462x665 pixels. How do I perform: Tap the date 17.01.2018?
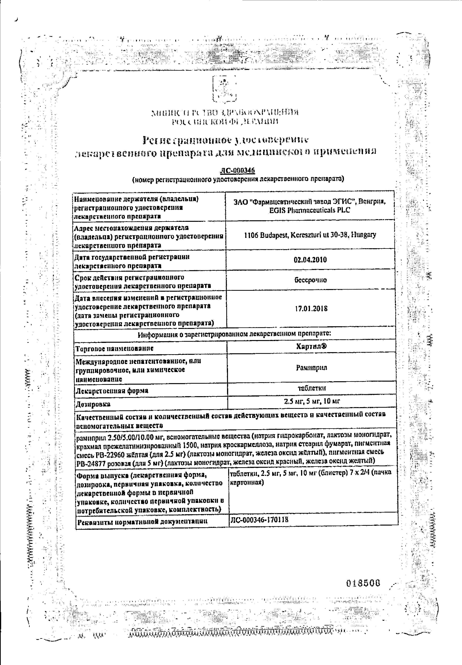click(311, 309)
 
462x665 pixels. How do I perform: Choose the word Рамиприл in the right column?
click(311, 368)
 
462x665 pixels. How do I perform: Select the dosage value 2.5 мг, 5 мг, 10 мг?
click(312, 401)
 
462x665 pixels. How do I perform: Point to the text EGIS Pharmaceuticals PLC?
click(309, 210)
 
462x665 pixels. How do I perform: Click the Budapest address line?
click(310, 235)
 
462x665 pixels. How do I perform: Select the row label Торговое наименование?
click(114, 349)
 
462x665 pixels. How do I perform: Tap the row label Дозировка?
click(93, 404)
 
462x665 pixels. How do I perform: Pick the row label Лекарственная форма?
click(112, 390)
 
